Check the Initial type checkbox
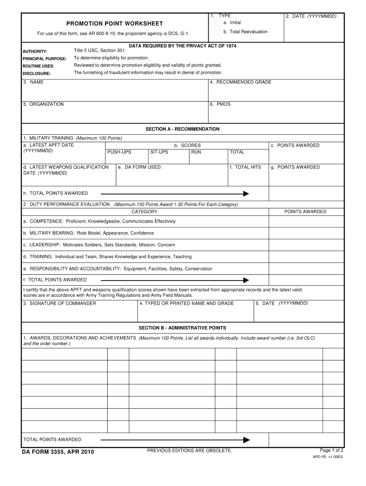pyautogui.click(x=217, y=23)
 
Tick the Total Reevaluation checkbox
pyautogui.click(x=217, y=32)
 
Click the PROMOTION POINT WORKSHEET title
pyautogui.click(x=114, y=24)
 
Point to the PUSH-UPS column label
pyautogui.click(x=119, y=152)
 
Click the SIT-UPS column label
pyautogui.click(x=159, y=152)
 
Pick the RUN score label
pyautogui.click(x=196, y=152)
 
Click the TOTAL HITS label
pyautogui.click(x=245, y=168)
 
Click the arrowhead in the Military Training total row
pyautogui.click(x=246, y=194)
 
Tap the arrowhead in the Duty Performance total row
pyautogui.click(x=246, y=280)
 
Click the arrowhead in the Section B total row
pyautogui.click(x=246, y=440)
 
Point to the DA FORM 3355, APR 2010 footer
pyautogui.click(x=58, y=452)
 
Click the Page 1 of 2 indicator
pyautogui.click(x=332, y=450)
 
